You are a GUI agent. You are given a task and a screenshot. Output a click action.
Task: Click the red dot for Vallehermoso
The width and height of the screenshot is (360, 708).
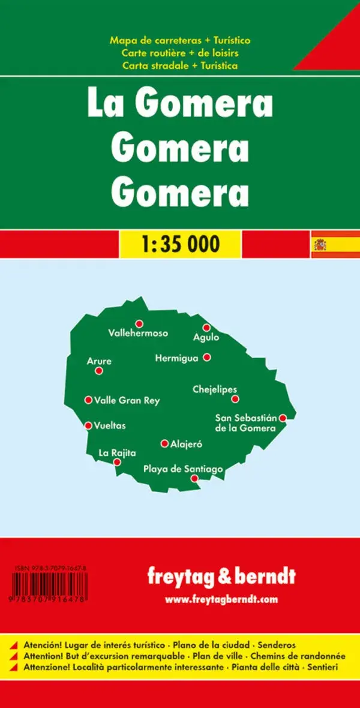tap(139, 323)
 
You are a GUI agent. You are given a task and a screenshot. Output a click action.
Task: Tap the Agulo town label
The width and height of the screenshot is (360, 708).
tap(206, 338)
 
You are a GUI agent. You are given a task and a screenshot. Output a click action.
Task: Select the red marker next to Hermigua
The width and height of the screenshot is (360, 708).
tap(207, 357)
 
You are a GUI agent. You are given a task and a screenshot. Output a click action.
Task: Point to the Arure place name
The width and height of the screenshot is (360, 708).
tap(99, 361)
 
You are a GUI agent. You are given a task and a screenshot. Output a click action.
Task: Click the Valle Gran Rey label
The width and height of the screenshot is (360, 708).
tap(127, 400)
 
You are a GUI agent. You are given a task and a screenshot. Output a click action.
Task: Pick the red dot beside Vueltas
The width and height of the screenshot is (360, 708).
tap(88, 425)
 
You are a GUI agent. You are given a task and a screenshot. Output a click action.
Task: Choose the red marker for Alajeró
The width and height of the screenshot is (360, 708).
tap(164, 443)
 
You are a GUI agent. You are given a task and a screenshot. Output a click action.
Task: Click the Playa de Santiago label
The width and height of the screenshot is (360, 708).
tap(183, 469)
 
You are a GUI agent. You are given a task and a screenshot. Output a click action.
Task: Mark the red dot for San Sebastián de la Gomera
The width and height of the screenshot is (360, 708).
tap(283, 418)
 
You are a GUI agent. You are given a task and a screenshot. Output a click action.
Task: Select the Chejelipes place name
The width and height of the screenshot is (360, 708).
tap(215, 389)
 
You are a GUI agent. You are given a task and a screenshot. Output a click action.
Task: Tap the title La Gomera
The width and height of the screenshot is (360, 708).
tap(180, 104)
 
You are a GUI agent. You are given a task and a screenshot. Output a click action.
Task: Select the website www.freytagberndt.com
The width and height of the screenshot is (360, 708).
tap(221, 599)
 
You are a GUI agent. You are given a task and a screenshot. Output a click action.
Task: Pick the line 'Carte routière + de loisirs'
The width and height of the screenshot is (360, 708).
tap(180, 53)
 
